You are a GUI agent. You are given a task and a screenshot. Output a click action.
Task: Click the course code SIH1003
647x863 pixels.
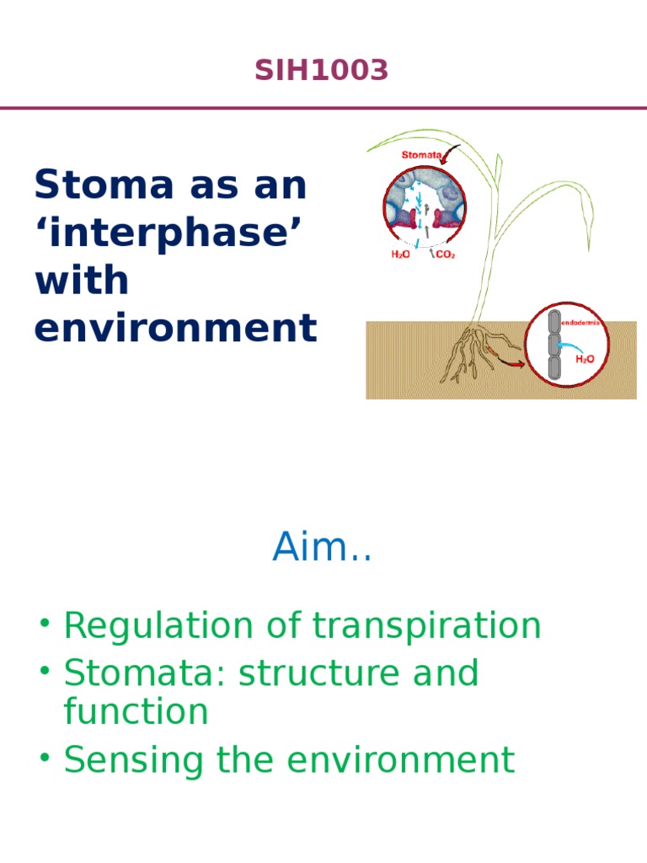(x=322, y=72)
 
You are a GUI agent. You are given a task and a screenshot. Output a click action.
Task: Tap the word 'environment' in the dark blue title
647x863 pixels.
(x=175, y=328)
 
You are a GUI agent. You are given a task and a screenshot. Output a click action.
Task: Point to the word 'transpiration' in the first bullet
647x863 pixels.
(x=426, y=626)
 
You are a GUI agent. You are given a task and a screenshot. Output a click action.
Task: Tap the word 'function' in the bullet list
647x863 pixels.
(x=136, y=712)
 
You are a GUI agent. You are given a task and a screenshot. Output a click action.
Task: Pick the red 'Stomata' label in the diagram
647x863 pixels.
(x=421, y=155)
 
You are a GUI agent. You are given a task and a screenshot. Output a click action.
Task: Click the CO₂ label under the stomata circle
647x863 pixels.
(x=445, y=255)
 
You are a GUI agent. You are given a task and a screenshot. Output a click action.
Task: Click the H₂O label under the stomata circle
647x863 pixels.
(x=400, y=255)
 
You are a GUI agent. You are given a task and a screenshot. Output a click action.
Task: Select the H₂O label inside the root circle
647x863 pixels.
(x=585, y=358)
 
